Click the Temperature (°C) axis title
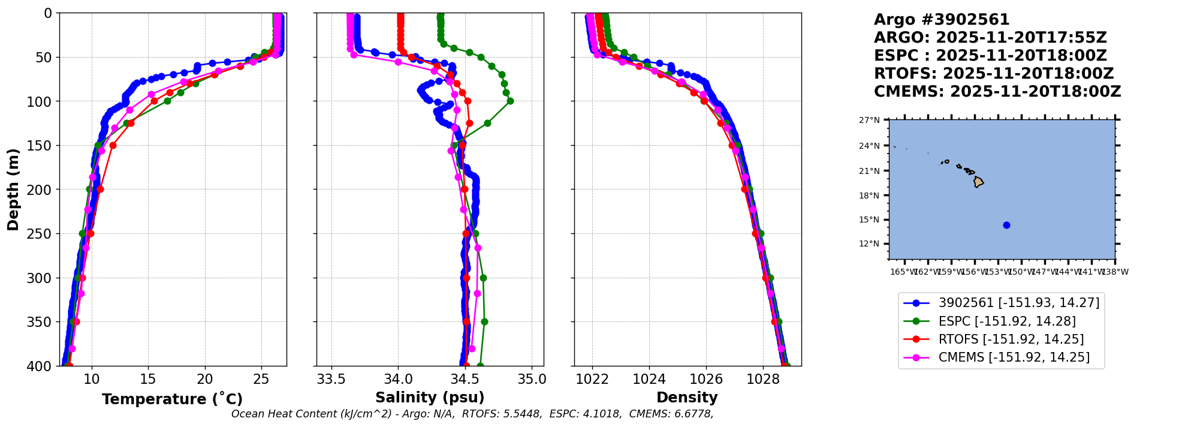[x=172, y=399]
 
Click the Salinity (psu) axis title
[x=430, y=398]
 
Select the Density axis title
[x=687, y=398]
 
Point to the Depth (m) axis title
[x=13, y=190]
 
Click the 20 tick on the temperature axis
[x=205, y=379]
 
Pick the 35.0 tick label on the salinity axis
[x=532, y=379]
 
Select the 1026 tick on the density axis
[x=706, y=379]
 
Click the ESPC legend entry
[x=1007, y=321]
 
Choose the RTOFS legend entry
[x=1011, y=339]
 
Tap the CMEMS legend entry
[x=1014, y=357]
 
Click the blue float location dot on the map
[x=1006, y=225]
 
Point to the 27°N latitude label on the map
[x=869, y=121]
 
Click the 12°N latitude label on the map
[x=869, y=244]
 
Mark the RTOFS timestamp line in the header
[x=993, y=74]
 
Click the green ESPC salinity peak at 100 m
[x=510, y=101]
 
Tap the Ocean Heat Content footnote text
[x=472, y=414]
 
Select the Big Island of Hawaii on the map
[x=978, y=182]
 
